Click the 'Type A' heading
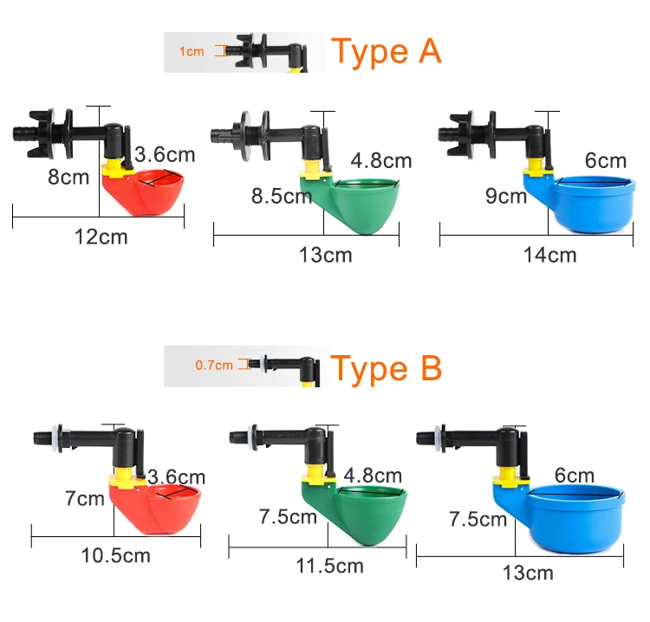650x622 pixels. pyautogui.click(x=387, y=51)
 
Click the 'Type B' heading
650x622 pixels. pyautogui.click(x=387, y=368)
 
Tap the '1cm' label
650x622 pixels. pyautogui.click(x=192, y=52)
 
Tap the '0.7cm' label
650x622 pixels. pyautogui.click(x=213, y=365)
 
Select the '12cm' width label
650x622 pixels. pyautogui.click(x=100, y=236)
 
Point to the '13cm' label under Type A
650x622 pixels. pyautogui.click(x=326, y=255)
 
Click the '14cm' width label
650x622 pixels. pyautogui.click(x=549, y=255)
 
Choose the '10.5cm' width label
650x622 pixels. pyautogui.click(x=116, y=555)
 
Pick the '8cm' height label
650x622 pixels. pyautogui.click(x=68, y=178)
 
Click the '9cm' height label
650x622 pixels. pyautogui.click(x=506, y=197)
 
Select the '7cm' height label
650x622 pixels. pyautogui.click(x=83, y=499)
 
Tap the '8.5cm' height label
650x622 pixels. pyautogui.click(x=281, y=196)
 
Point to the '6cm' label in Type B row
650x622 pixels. pyautogui.click(x=575, y=476)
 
